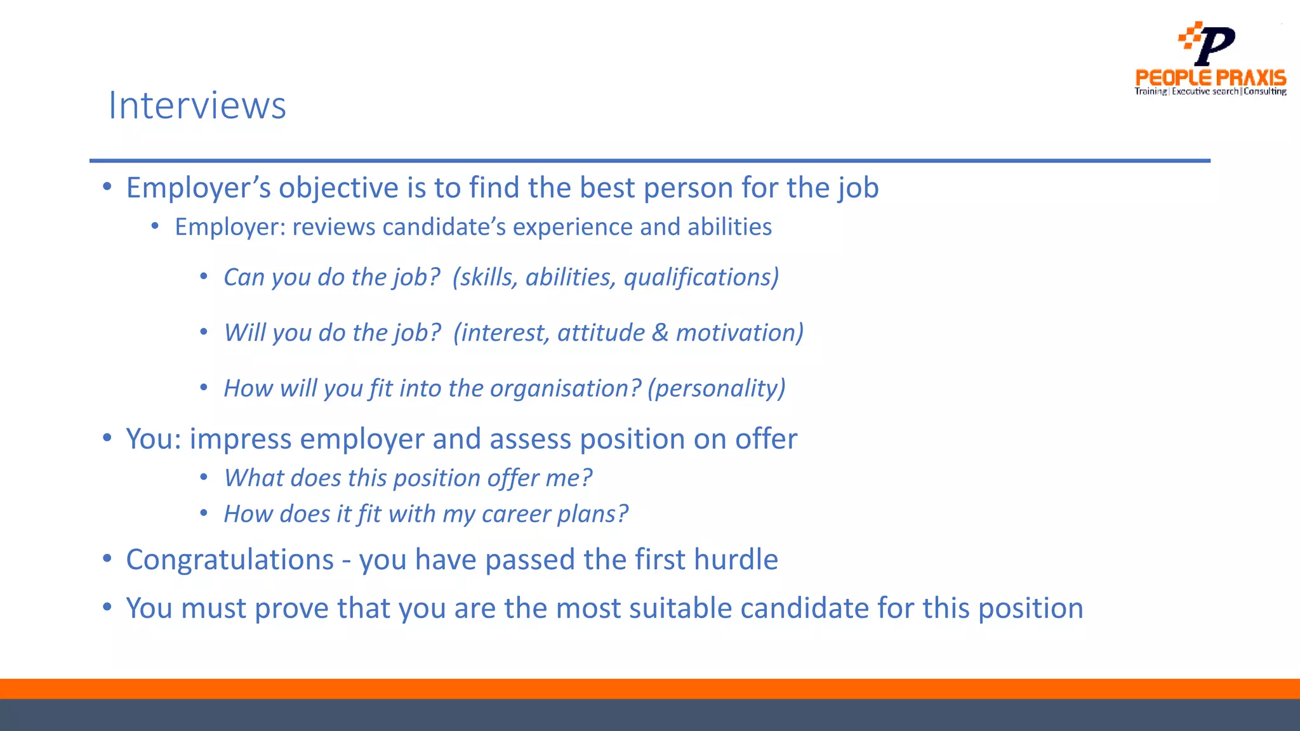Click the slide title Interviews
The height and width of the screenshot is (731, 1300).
[x=197, y=105]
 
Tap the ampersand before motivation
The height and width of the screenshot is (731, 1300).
[x=660, y=333]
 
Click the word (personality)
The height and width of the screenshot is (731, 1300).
[x=716, y=388]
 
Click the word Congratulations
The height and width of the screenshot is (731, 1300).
[x=230, y=560]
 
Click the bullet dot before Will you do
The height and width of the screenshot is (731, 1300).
[x=204, y=332]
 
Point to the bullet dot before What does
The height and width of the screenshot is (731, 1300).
[x=204, y=477]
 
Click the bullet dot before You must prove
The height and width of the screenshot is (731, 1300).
[x=107, y=607]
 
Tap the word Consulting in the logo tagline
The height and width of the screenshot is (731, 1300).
[x=1264, y=91]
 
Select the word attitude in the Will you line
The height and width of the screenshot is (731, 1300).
[x=600, y=333]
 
